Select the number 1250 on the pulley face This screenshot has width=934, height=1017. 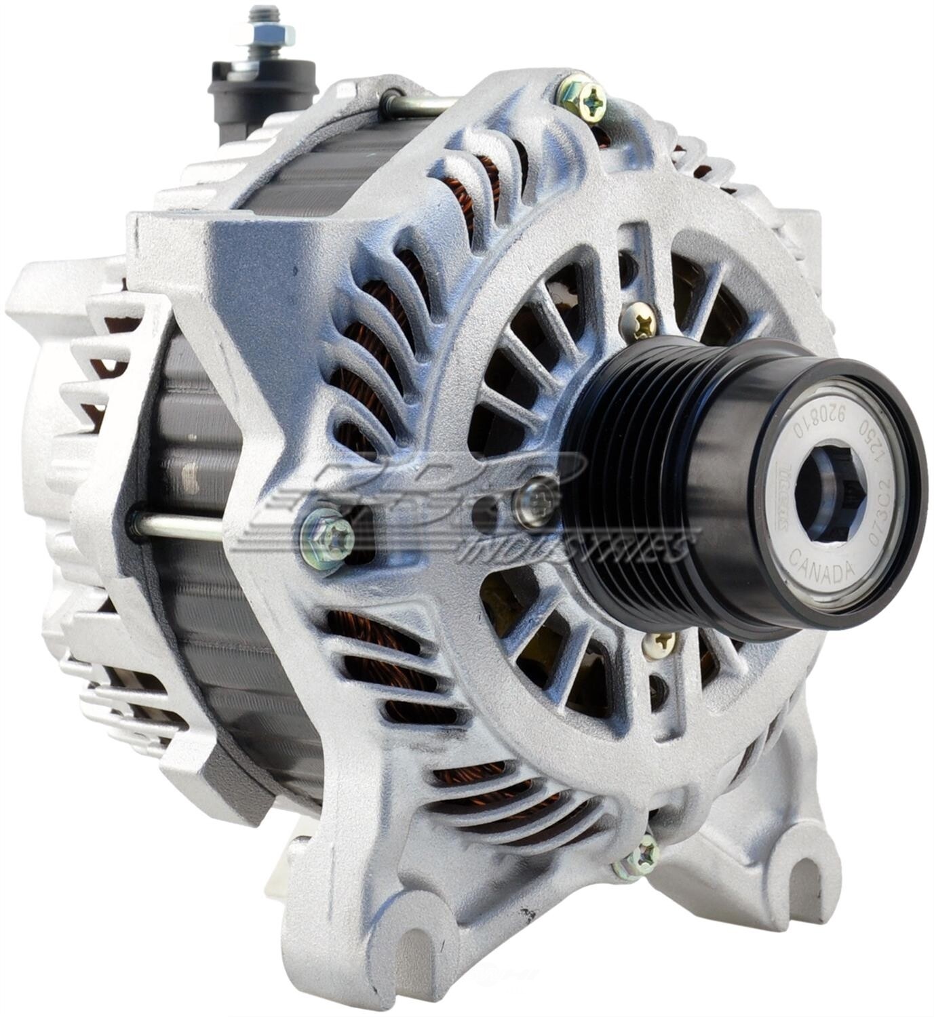point(876,444)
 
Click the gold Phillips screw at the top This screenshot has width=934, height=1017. point(582,98)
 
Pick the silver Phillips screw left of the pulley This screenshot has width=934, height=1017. point(535,500)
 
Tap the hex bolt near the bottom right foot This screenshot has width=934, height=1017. point(638,860)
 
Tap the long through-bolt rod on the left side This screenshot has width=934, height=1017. point(176,525)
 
